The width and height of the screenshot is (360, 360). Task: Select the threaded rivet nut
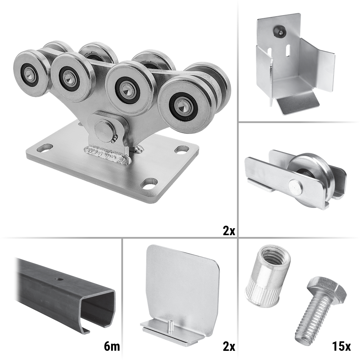(x=267, y=276)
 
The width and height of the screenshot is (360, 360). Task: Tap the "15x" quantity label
(x=341, y=346)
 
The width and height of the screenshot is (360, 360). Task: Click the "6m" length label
(x=112, y=346)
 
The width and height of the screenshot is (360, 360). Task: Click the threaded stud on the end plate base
(x=171, y=326)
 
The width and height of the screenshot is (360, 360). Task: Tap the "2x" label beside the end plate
(x=229, y=346)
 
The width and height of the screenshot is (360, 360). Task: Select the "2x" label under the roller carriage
(x=229, y=230)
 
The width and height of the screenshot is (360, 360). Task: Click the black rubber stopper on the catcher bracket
(x=279, y=31)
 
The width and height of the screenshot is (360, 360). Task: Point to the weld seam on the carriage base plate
(x=108, y=155)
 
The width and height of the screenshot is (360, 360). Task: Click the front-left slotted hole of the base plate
(x=45, y=148)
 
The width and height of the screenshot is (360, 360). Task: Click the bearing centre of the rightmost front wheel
(x=183, y=105)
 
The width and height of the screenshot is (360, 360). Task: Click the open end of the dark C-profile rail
(x=98, y=311)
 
